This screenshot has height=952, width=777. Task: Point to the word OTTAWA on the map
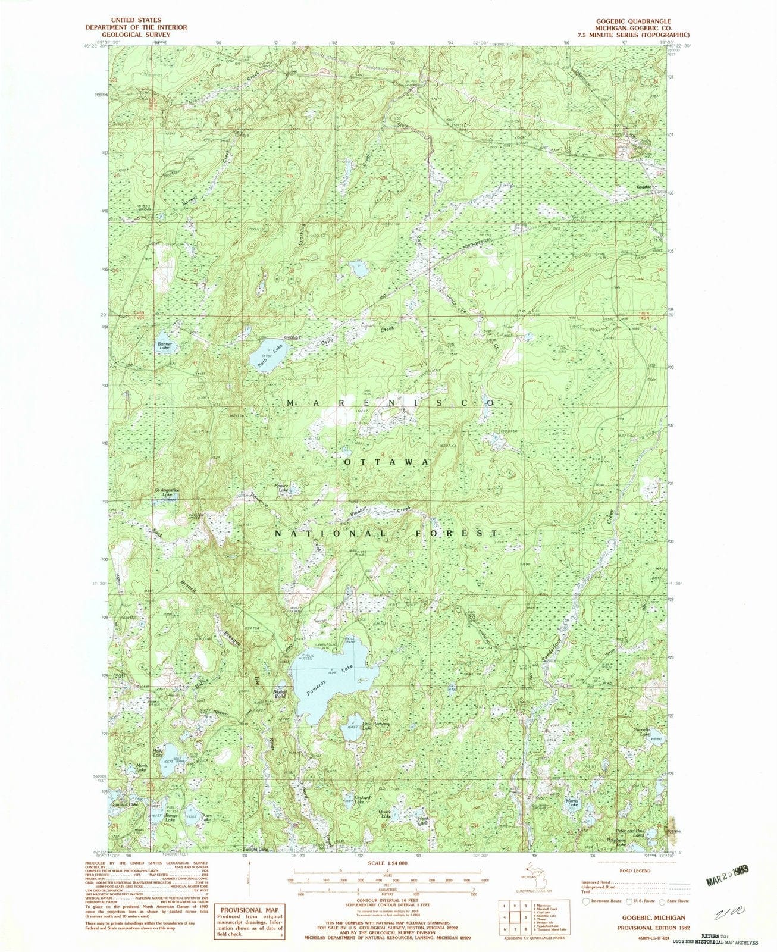point(385,462)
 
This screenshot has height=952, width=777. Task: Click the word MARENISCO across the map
point(390,403)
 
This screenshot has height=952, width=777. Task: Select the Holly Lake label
point(158,752)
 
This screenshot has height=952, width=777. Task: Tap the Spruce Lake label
point(281,488)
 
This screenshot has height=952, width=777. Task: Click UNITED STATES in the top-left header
point(135,20)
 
